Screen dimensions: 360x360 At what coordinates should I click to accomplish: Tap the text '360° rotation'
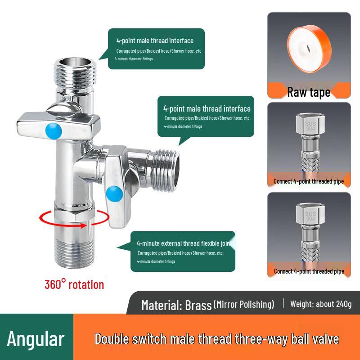coord(74,284)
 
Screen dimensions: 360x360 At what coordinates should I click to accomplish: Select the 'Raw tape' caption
coord(309,92)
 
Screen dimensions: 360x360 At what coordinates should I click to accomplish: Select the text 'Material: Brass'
coord(176,305)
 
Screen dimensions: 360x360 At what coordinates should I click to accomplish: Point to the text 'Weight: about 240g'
coord(321,304)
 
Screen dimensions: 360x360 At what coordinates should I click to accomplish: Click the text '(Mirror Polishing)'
coord(244,304)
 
